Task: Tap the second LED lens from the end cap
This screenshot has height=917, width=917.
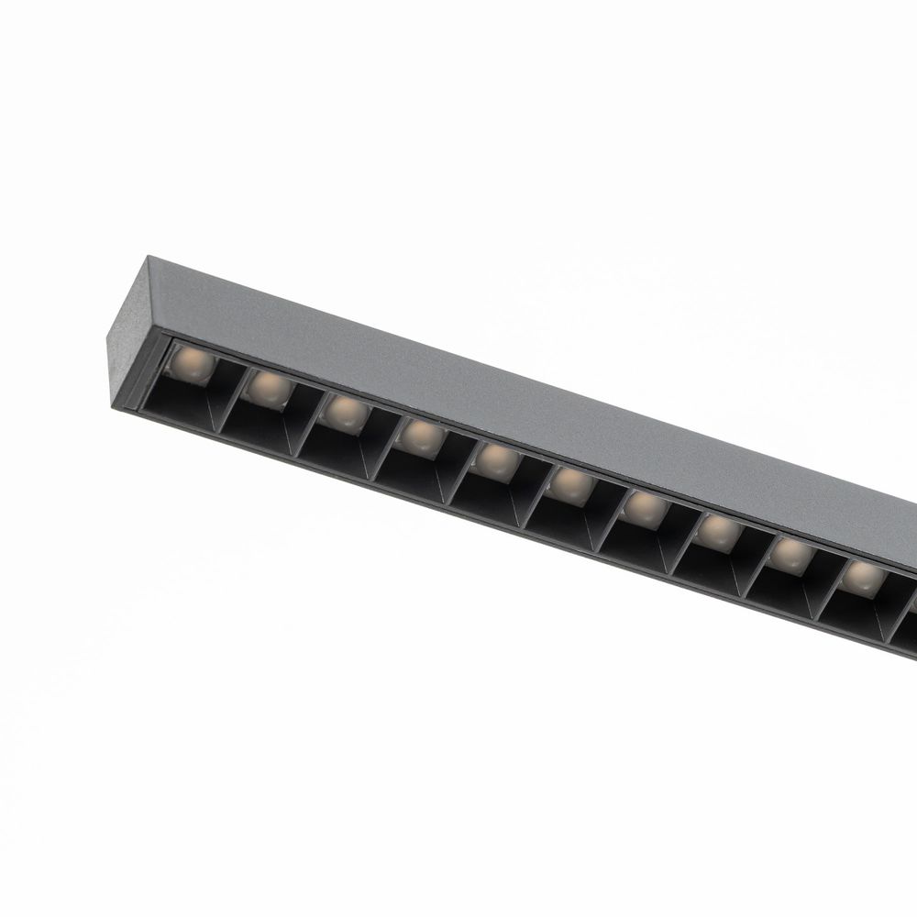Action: (269, 390)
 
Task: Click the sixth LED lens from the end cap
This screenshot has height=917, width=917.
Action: (571, 483)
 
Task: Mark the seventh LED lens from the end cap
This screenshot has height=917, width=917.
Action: (645, 507)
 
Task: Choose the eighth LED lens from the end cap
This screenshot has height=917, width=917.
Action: (718, 531)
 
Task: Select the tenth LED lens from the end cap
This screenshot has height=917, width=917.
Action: (863, 578)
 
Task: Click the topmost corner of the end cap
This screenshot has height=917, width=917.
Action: (146, 258)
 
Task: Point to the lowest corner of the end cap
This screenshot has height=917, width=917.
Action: (115, 404)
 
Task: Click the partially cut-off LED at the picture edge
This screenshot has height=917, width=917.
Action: (911, 601)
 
